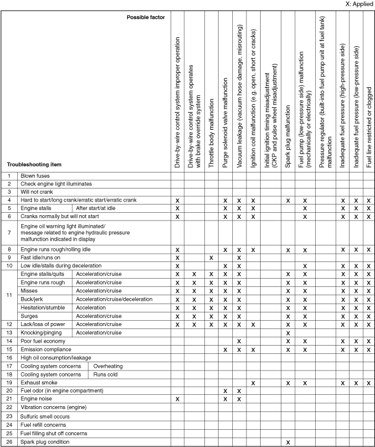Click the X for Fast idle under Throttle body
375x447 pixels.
click(211, 258)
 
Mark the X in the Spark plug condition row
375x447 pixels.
click(288, 442)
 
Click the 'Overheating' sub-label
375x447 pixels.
click(108, 366)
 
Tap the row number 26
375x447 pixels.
click(9, 442)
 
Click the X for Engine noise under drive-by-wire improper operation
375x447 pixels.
click(177, 400)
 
